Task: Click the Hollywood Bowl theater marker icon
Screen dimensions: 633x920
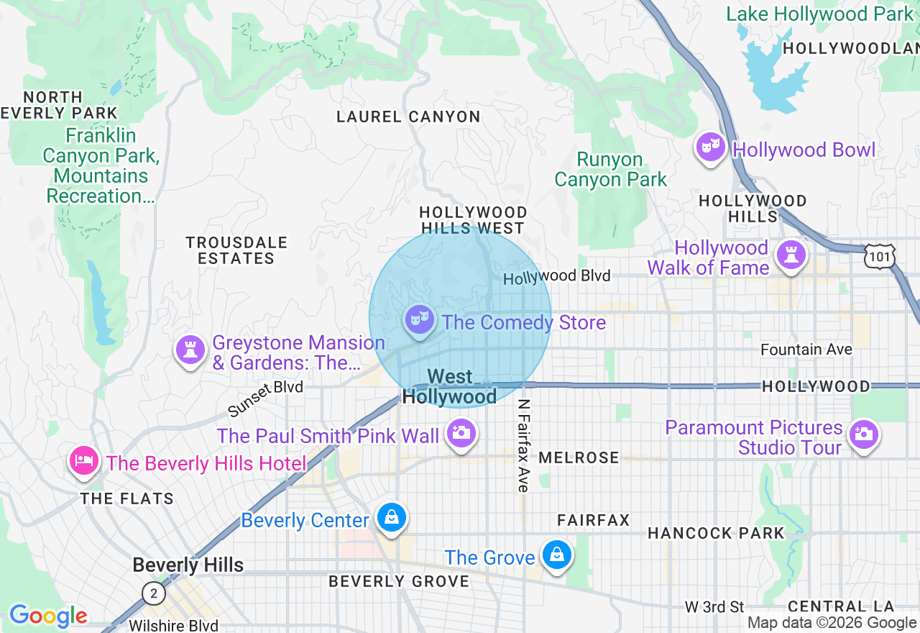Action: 710,147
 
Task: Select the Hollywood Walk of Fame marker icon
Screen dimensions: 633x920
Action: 791,255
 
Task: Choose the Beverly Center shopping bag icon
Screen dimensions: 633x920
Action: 392,518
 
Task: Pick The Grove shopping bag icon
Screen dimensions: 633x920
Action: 556,555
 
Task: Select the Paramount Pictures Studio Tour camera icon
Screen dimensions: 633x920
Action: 863,434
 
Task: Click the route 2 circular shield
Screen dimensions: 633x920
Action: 153,594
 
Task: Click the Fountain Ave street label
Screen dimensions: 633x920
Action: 806,350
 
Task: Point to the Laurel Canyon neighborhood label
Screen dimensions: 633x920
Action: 408,117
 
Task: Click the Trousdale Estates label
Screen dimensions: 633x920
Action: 236,250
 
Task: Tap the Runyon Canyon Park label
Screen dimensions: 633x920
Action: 610,170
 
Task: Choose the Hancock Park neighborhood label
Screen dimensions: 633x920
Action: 716,533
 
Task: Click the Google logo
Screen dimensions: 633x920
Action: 48,616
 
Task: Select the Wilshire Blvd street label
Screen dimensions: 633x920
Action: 173,626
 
